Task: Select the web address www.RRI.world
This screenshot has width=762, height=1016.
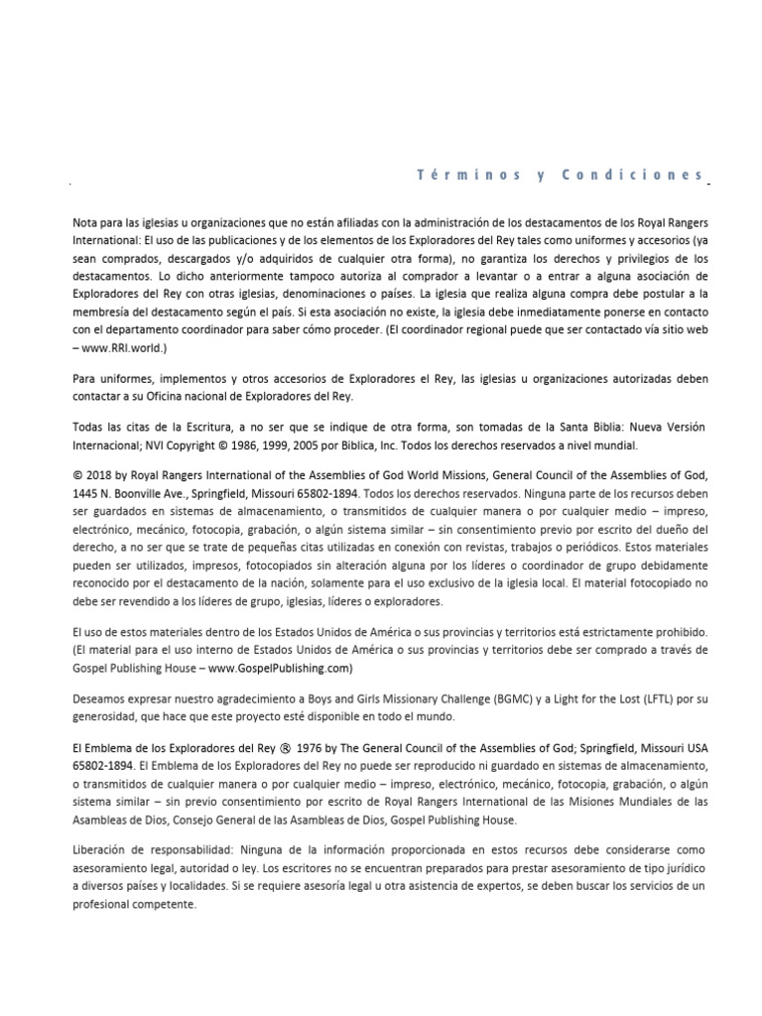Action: point(126,348)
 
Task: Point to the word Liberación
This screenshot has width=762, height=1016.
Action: point(103,850)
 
